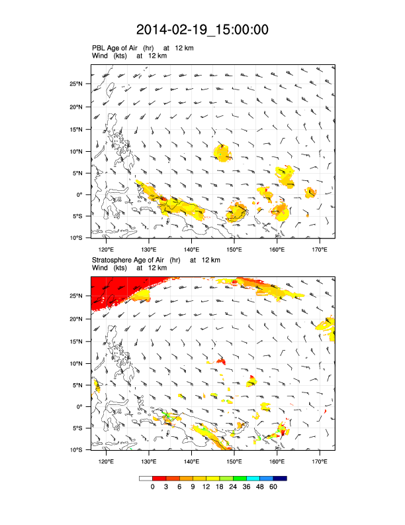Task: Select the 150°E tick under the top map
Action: click(234, 249)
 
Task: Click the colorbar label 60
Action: click(273, 487)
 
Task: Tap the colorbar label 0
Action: click(153, 487)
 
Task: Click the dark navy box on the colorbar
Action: click(280, 478)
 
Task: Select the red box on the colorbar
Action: click(159, 478)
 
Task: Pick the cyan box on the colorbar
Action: click(253, 478)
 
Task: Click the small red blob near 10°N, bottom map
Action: click(221, 361)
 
